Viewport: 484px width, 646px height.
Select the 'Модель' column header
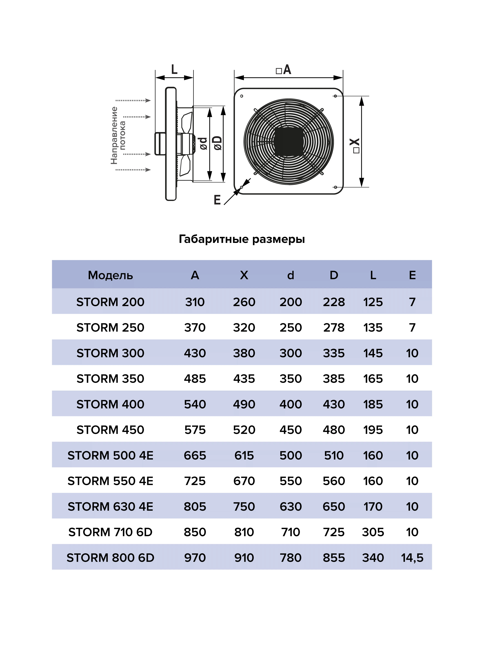click(x=110, y=275)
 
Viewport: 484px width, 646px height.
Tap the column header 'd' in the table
click(x=291, y=275)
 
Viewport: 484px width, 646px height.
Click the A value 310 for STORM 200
click(x=195, y=302)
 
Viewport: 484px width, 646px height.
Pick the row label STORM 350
click(x=110, y=379)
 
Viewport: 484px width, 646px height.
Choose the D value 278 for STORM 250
click(x=334, y=328)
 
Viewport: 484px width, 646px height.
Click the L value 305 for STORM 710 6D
click(x=373, y=532)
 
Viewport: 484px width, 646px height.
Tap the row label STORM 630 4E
click(x=110, y=507)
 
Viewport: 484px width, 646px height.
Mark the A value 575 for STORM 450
click(x=195, y=430)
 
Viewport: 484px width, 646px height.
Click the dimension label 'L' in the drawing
click(x=174, y=69)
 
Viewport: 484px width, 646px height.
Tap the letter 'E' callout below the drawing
click(x=217, y=200)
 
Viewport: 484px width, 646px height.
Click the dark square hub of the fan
click(x=288, y=141)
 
